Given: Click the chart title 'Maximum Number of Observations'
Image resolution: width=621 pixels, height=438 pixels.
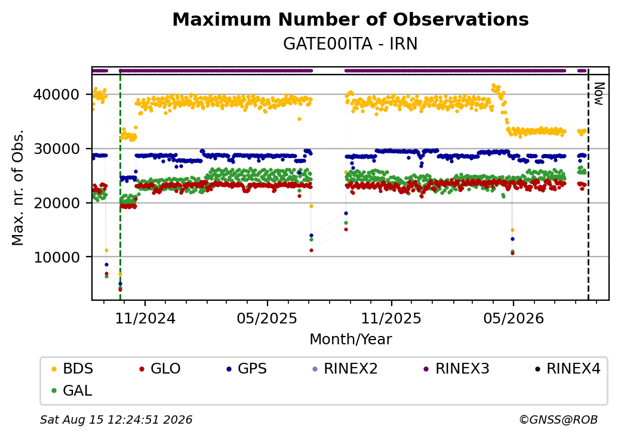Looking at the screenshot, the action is (351, 19).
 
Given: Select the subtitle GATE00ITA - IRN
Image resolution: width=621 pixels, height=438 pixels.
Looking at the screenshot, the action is (351, 44).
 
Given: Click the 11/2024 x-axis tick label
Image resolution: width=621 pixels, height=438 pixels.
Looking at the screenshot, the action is (145, 318).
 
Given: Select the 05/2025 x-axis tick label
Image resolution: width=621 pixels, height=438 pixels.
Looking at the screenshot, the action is (267, 318).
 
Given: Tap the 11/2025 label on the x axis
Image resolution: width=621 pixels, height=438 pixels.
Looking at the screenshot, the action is (391, 318).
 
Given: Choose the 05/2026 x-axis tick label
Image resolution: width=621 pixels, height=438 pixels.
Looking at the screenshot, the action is (514, 318).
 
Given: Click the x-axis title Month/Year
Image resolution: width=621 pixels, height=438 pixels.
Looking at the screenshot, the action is (351, 340).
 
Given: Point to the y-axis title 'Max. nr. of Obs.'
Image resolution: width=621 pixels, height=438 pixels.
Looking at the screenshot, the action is (18, 187).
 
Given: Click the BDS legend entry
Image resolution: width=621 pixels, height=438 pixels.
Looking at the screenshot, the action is (72, 369).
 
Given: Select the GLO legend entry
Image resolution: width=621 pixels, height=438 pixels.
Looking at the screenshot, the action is (160, 369).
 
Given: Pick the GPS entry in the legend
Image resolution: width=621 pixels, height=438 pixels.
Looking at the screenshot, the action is (247, 369).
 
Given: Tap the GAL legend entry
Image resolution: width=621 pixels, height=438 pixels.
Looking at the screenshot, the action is (72, 390).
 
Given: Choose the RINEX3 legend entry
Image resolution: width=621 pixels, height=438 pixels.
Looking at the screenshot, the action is (457, 369).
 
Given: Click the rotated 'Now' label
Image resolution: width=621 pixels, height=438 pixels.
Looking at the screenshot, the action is (600, 94).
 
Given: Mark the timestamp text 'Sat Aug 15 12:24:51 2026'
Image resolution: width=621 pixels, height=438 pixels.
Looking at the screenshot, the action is (116, 420).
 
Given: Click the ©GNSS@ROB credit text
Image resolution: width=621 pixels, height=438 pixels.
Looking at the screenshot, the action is (558, 420).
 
